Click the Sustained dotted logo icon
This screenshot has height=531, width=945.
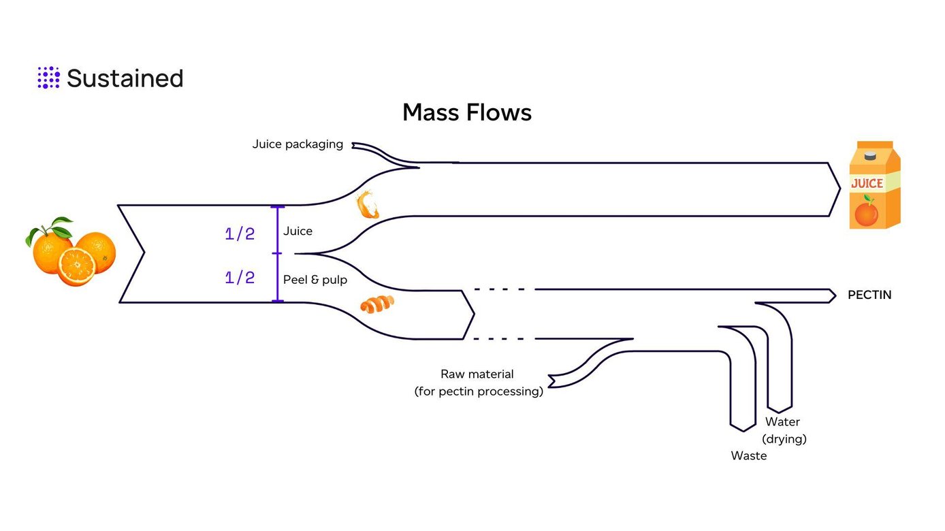[48, 78]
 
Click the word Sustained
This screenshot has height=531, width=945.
[125, 78]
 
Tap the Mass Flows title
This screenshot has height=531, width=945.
[466, 112]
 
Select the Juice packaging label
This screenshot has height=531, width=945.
[298, 144]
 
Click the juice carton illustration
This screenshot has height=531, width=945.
[874, 185]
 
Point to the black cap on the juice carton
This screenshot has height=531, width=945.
[869, 156]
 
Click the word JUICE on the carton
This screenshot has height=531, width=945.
[867, 183]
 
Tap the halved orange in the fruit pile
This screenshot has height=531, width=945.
[76, 266]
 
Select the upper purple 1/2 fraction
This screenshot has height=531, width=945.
[240, 234]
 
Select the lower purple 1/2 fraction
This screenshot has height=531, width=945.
[240, 278]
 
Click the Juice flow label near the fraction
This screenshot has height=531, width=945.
[298, 231]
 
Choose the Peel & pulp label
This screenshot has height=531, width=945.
[315, 280]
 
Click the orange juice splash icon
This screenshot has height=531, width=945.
[367, 205]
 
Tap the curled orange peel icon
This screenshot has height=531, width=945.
[377, 305]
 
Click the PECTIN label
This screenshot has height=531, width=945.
[869, 295]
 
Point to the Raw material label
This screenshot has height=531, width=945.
[478, 383]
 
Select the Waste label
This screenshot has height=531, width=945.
[748, 456]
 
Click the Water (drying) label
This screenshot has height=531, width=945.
[784, 430]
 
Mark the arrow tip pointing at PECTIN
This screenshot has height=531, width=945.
[833, 295]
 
